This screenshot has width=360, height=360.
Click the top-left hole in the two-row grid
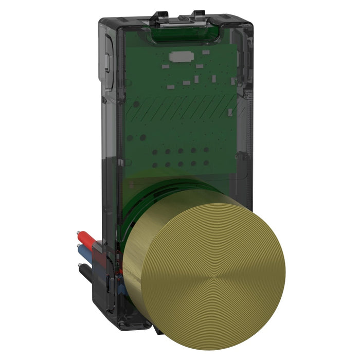pos(155,152)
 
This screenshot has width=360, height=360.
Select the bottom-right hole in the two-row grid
pos(206,165)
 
